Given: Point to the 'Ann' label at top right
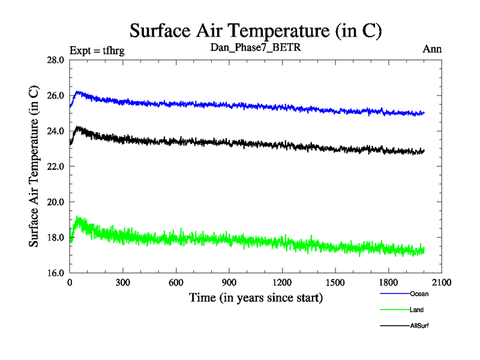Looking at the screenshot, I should pos(432,49).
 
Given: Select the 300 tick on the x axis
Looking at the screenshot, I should pos(123,282).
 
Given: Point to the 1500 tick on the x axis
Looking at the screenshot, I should pos(335,282).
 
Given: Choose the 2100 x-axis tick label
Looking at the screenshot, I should pos(442,282).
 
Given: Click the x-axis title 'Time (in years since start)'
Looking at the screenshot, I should pos(256,298).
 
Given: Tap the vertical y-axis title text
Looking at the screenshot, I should pos(35,166).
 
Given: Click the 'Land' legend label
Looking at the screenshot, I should pos(417,310).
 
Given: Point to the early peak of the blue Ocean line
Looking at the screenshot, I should pos(79,92).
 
